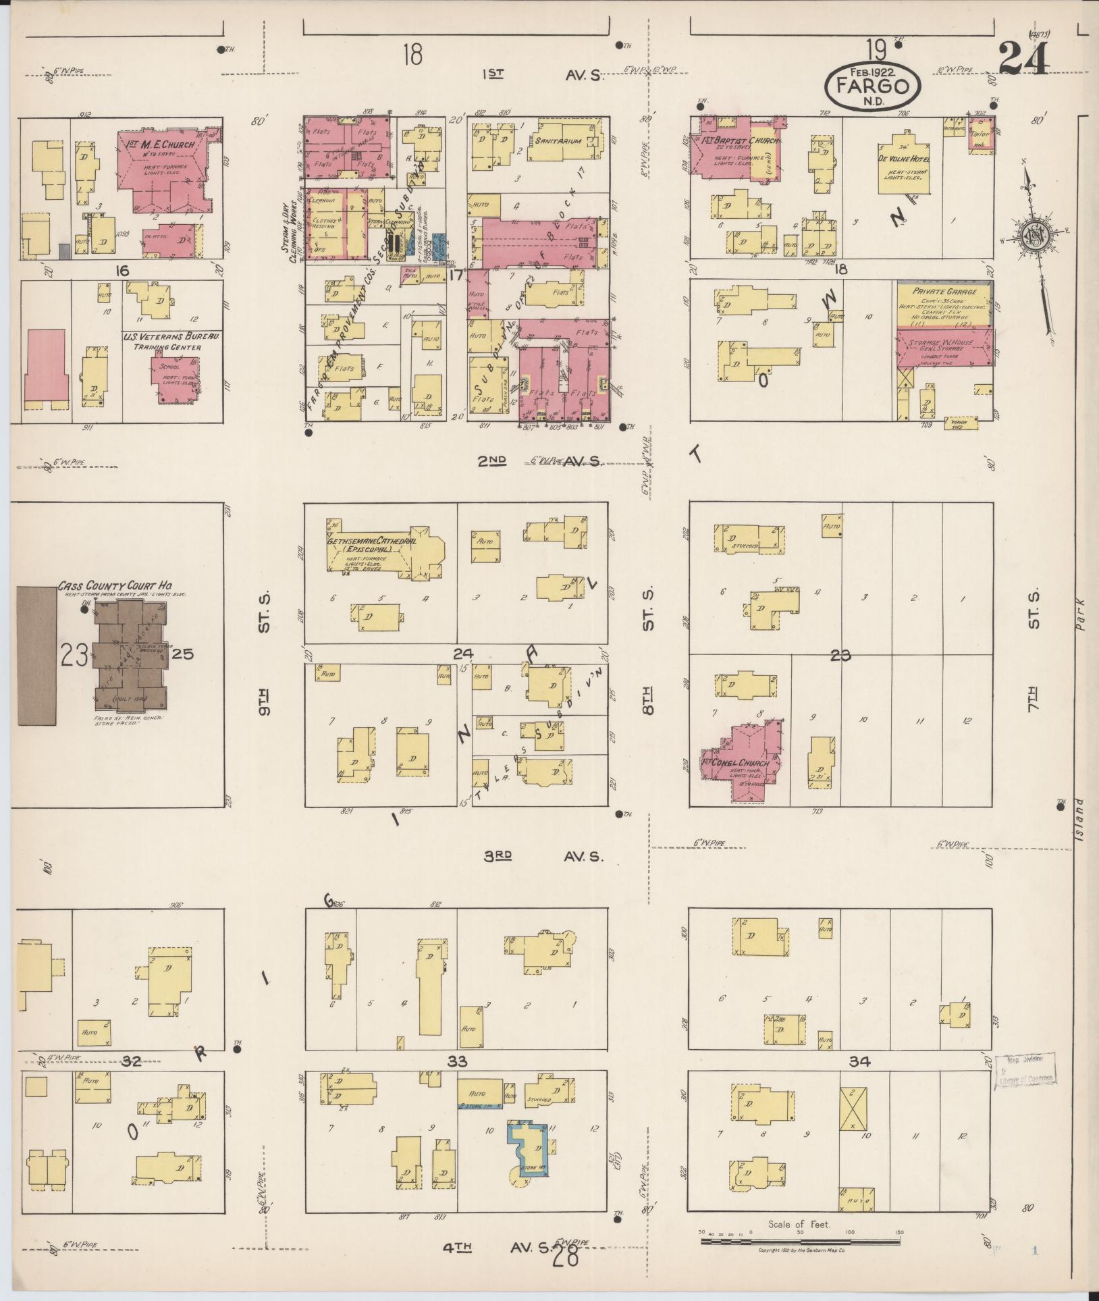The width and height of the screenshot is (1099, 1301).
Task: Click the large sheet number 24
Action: [1023, 58]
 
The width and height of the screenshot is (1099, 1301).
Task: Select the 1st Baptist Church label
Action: [740, 141]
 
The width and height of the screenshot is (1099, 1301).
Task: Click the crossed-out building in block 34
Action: [852, 1108]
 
